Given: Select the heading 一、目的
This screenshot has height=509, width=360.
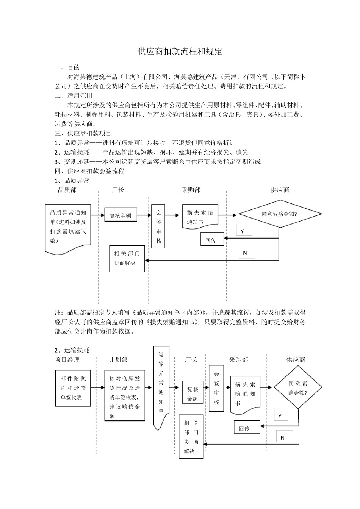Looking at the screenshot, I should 67,67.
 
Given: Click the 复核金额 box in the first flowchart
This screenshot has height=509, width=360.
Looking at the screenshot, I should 121,215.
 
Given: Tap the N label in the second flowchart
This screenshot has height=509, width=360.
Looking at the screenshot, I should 283,437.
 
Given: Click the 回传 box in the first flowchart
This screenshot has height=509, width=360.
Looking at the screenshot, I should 211,240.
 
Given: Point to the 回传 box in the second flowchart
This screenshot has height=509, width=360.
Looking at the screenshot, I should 245,429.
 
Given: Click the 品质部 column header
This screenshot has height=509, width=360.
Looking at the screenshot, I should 67,190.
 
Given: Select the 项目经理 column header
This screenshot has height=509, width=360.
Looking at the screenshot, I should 67,360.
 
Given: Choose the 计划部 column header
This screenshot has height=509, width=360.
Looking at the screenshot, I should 118,360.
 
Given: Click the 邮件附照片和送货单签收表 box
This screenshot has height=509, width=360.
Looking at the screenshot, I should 73,388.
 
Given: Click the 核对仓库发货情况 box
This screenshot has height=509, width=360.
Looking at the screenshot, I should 125,396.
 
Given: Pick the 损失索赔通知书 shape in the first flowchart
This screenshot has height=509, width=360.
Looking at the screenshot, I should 200,217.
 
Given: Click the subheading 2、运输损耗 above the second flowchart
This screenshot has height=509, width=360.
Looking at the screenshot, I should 72,350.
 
